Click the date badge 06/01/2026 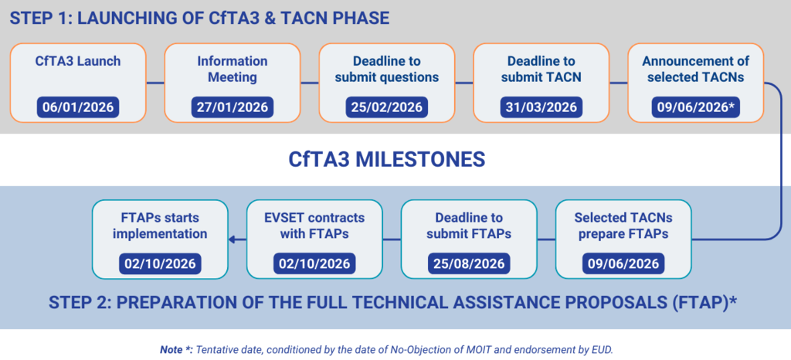[x=78, y=107]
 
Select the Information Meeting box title [x=233, y=69]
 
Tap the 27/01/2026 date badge [x=233, y=107]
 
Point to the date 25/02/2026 [x=387, y=107]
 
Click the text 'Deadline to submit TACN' [x=541, y=69]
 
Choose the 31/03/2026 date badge [x=541, y=107]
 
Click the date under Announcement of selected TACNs [x=696, y=107]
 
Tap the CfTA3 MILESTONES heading [x=387, y=159]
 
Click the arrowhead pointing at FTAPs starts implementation [x=231, y=240]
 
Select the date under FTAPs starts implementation [x=160, y=263]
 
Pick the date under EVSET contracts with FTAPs [x=315, y=263]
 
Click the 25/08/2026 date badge [x=469, y=263]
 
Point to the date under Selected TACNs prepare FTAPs [x=623, y=263]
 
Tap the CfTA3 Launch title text [x=78, y=62]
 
